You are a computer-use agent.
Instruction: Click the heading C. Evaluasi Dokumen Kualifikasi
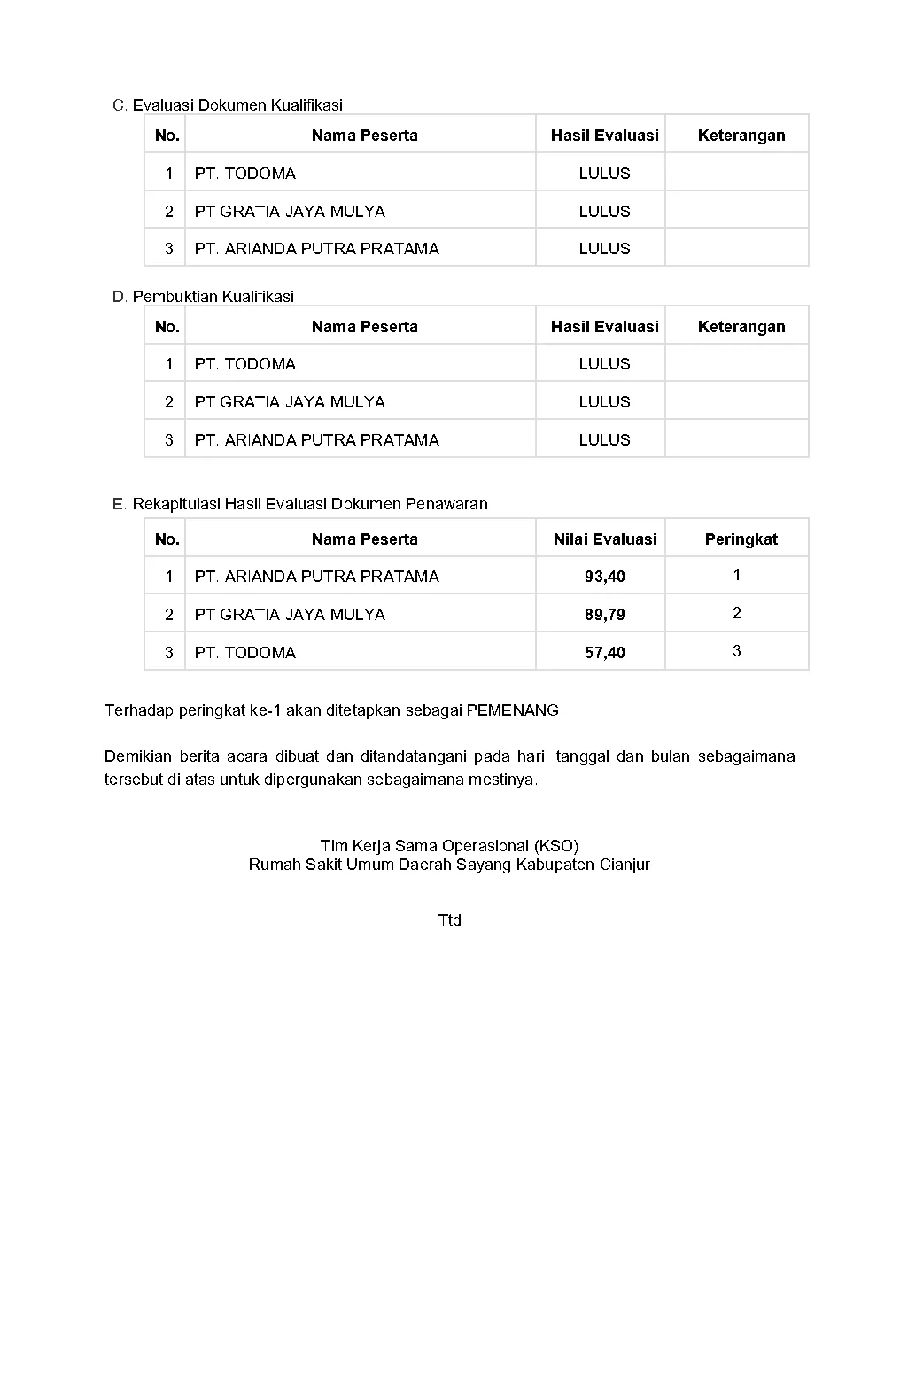[228, 105]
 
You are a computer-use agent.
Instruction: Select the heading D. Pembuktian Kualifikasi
[203, 297]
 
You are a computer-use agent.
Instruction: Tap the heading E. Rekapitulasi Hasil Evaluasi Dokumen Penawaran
[299, 504]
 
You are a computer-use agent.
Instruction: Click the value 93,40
[604, 577]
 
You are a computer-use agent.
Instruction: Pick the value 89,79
[604, 615]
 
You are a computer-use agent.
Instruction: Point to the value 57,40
[604, 653]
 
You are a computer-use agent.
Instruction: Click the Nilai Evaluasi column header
[604, 539]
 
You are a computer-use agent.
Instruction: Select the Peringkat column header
[741, 539]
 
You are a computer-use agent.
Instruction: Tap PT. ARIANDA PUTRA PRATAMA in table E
[316, 577]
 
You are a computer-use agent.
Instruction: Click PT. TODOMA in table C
[244, 174]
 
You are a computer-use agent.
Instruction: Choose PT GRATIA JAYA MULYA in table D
[290, 402]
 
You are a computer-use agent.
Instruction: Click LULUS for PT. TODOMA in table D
[604, 364]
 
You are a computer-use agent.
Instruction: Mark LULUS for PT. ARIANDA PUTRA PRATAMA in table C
[604, 249]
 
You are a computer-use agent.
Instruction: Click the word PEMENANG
[513, 710]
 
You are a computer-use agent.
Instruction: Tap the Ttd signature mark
[449, 920]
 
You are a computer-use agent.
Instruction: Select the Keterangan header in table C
[741, 136]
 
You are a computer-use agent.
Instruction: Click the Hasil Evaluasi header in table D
[604, 327]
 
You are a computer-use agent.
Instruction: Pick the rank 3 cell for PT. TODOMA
[736, 651]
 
